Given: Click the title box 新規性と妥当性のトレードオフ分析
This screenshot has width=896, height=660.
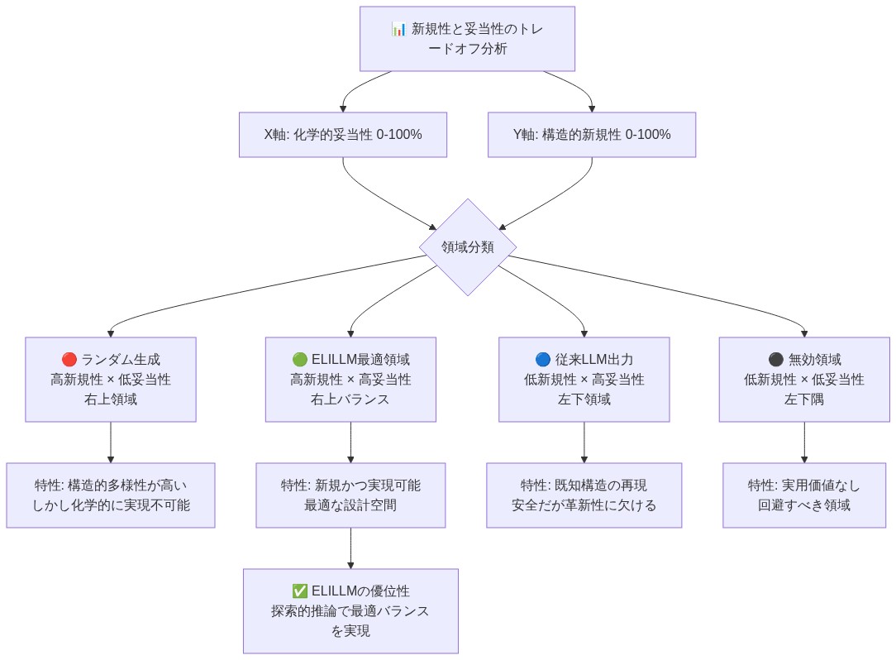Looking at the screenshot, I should coord(467,39).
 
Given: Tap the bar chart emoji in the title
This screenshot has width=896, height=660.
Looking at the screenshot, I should coord(398,29).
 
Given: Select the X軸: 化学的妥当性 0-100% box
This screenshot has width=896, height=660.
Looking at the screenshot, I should coord(343,135).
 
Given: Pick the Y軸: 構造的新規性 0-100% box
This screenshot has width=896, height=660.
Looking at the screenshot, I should coord(592,135).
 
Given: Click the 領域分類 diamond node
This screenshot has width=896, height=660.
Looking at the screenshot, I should coord(468,247).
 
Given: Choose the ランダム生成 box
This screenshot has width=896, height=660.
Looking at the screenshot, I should coord(111,380).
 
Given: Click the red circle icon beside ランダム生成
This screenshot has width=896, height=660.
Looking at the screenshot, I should coord(69,360).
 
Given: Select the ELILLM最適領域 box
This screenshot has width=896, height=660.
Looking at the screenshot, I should coord(350,380).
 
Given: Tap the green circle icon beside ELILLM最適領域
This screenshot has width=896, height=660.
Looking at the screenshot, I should coord(300,360).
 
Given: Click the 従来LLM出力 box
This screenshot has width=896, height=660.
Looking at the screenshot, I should coord(584,380).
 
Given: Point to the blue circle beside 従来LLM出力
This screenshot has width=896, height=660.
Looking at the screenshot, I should coord(543,360).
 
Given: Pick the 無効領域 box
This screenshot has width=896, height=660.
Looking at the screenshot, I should coord(804,380).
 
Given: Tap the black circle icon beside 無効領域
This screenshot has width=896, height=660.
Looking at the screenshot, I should coord(775,360).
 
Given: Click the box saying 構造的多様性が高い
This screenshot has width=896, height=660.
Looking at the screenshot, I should coord(111,495).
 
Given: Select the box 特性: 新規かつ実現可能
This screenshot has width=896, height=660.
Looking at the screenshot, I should coord(350,495).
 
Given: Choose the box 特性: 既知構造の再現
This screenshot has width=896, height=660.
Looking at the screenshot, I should coord(584,495).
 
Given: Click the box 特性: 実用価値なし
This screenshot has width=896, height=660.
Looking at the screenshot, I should coord(804,495).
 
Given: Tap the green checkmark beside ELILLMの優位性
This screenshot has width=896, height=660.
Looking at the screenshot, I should coord(300,591).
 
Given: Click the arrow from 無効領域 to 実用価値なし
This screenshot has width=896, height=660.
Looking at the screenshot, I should coord(804,442).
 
